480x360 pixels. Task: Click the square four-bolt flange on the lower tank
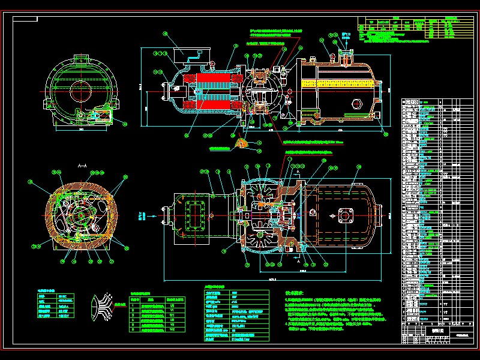346,215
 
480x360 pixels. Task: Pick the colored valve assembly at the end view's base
100,116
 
